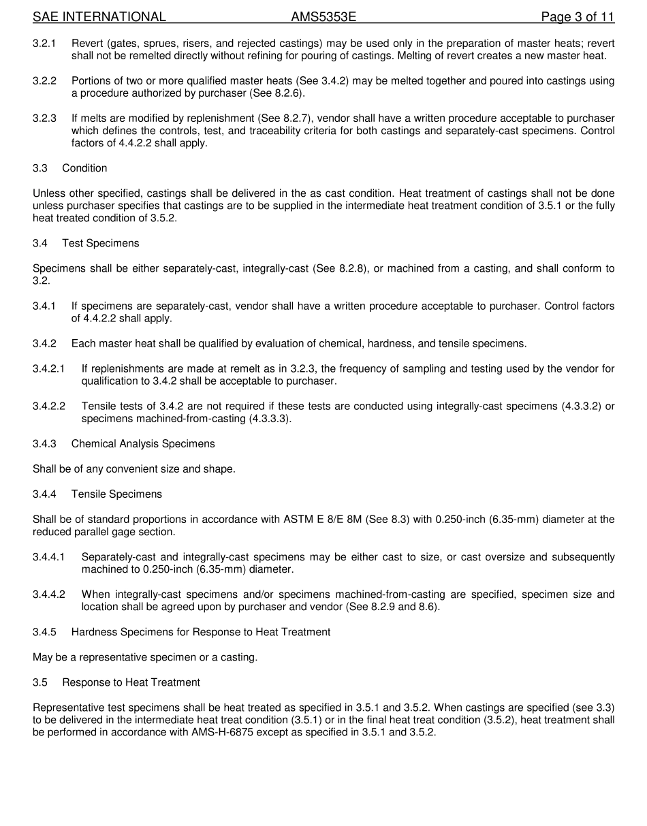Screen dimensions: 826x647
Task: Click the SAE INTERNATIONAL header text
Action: point(99,17)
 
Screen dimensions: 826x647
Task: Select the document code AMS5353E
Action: point(323,17)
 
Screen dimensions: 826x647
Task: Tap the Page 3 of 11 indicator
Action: point(578,17)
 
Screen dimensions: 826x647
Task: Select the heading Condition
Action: point(84,168)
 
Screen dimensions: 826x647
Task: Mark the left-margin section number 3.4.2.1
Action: point(49,369)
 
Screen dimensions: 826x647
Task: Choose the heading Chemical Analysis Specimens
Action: point(143,444)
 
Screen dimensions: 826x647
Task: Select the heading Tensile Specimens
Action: point(116,494)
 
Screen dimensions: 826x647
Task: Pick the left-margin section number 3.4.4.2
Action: point(49,594)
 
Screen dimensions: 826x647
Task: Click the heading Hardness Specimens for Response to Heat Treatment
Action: point(201,632)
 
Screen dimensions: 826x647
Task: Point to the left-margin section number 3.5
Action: point(40,682)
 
